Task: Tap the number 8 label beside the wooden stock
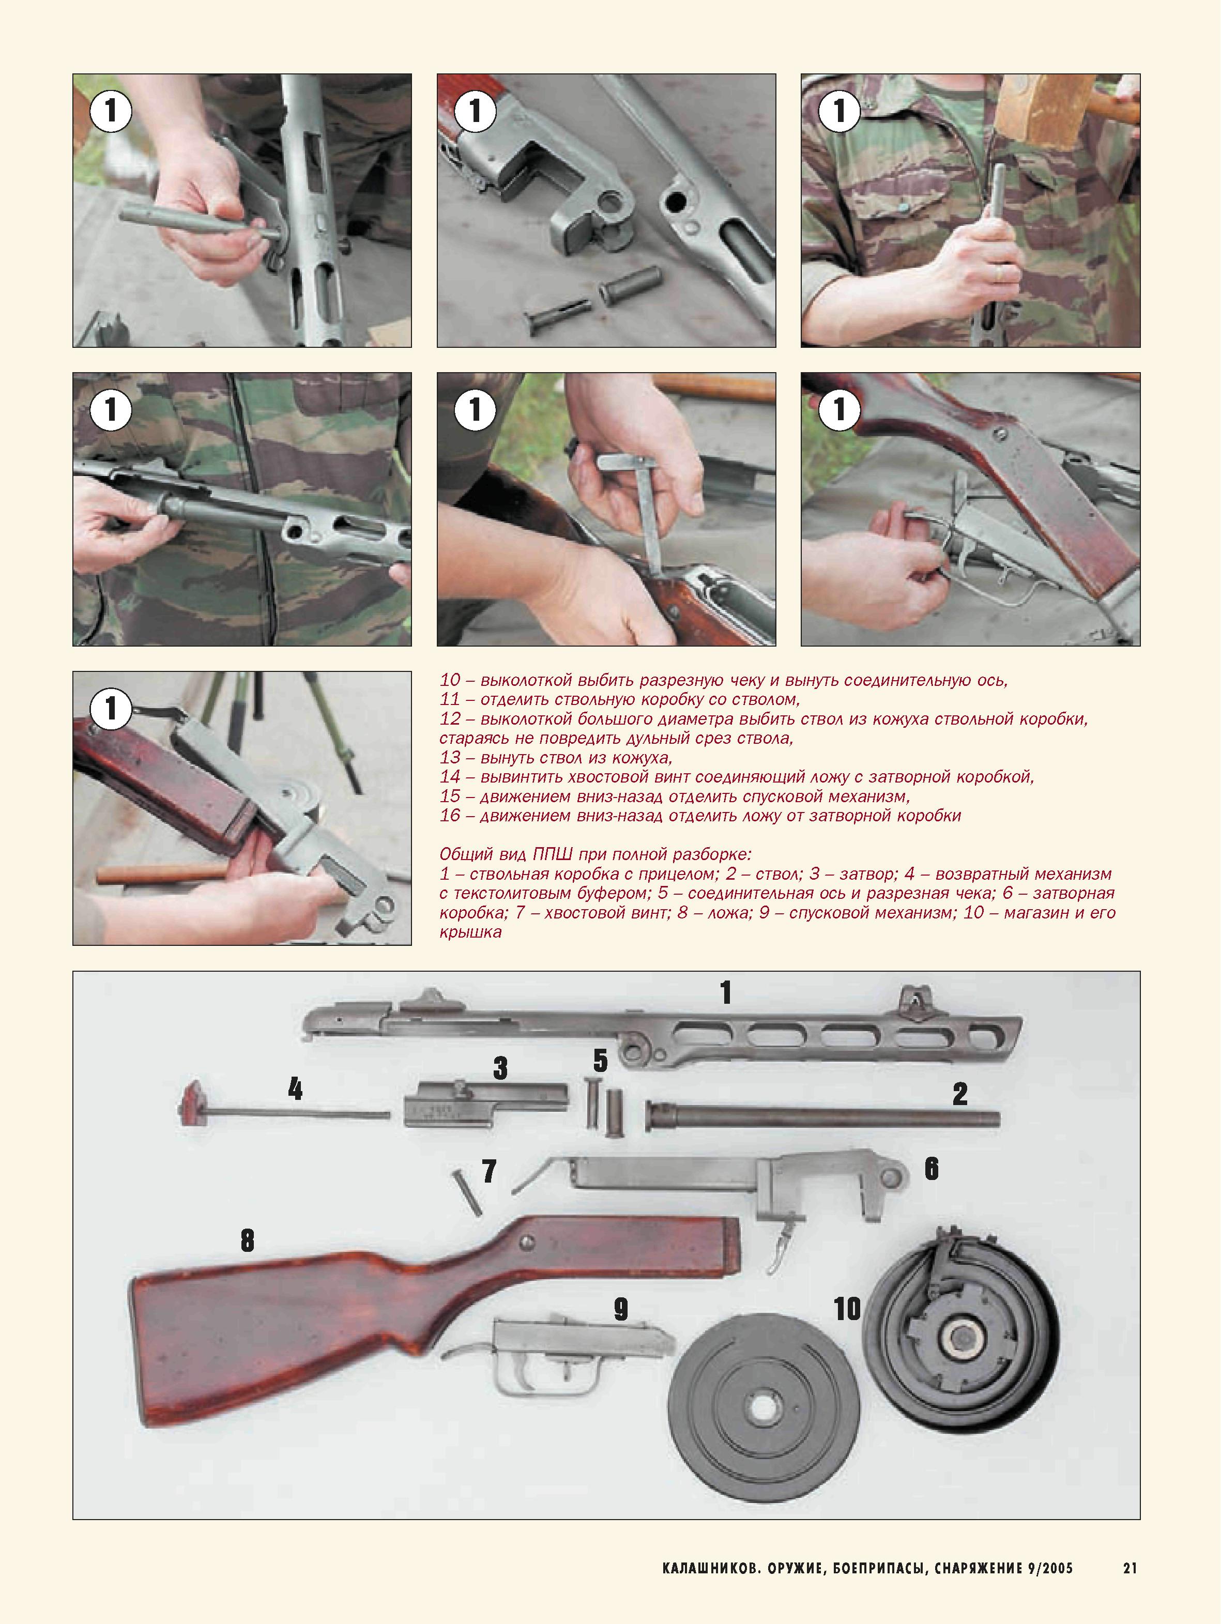[x=248, y=1241]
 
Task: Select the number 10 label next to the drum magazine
[x=847, y=1309]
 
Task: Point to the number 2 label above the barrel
[x=959, y=1094]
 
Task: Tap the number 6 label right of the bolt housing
[x=931, y=1168]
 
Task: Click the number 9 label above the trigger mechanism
[x=620, y=1309]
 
